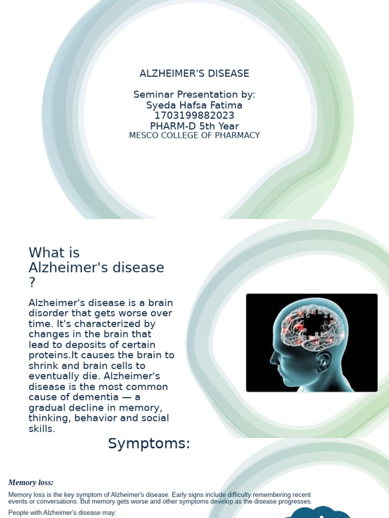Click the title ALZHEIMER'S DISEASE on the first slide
pyautogui.click(x=194, y=73)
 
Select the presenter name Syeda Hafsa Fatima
pyautogui.click(x=194, y=105)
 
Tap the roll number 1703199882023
pyautogui.click(x=194, y=116)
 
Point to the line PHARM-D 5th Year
pyautogui.click(x=194, y=126)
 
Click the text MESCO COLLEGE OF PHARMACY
pyautogui.click(x=194, y=136)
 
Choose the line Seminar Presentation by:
pyautogui.click(x=194, y=95)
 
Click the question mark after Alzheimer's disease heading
pyautogui.click(x=32, y=283)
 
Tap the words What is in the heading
pyautogui.click(x=54, y=252)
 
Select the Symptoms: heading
pyautogui.click(x=148, y=444)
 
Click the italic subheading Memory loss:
pyautogui.click(x=31, y=483)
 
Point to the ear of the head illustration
pyautogui.click(x=323, y=360)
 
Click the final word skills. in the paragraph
pyautogui.click(x=42, y=429)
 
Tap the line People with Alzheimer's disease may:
pyautogui.click(x=62, y=512)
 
